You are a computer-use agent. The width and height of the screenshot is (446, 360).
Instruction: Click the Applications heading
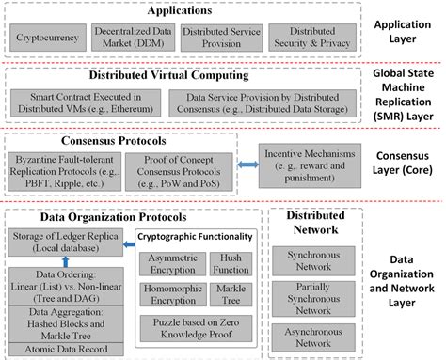(x=174, y=11)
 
